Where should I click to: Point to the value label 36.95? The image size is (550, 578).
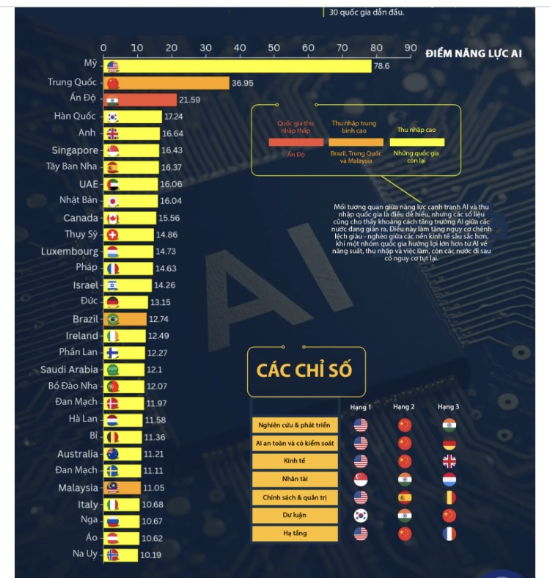point(243,83)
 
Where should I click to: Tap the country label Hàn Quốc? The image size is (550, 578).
point(75,117)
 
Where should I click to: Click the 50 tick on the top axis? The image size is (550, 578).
point(274,48)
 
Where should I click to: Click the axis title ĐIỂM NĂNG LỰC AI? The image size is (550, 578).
point(474,54)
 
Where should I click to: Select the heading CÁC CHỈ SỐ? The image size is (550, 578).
point(304,369)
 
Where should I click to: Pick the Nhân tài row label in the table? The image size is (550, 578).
point(295,479)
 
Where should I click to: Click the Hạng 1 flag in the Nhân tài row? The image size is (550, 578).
point(360,479)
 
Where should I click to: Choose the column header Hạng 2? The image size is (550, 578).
point(404,406)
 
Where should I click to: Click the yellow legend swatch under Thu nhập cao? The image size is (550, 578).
point(416,142)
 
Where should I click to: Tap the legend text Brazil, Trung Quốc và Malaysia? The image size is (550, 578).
point(356,157)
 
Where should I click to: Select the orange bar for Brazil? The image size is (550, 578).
point(125,319)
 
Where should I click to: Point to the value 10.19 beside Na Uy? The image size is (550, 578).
point(151,555)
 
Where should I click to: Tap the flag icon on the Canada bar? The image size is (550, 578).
point(113,219)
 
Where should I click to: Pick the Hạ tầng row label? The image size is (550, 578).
point(295,534)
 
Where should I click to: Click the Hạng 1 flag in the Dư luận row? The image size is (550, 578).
point(360,516)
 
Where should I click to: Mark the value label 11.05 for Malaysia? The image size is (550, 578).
point(154,488)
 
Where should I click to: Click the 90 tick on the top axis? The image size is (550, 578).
point(410,48)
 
